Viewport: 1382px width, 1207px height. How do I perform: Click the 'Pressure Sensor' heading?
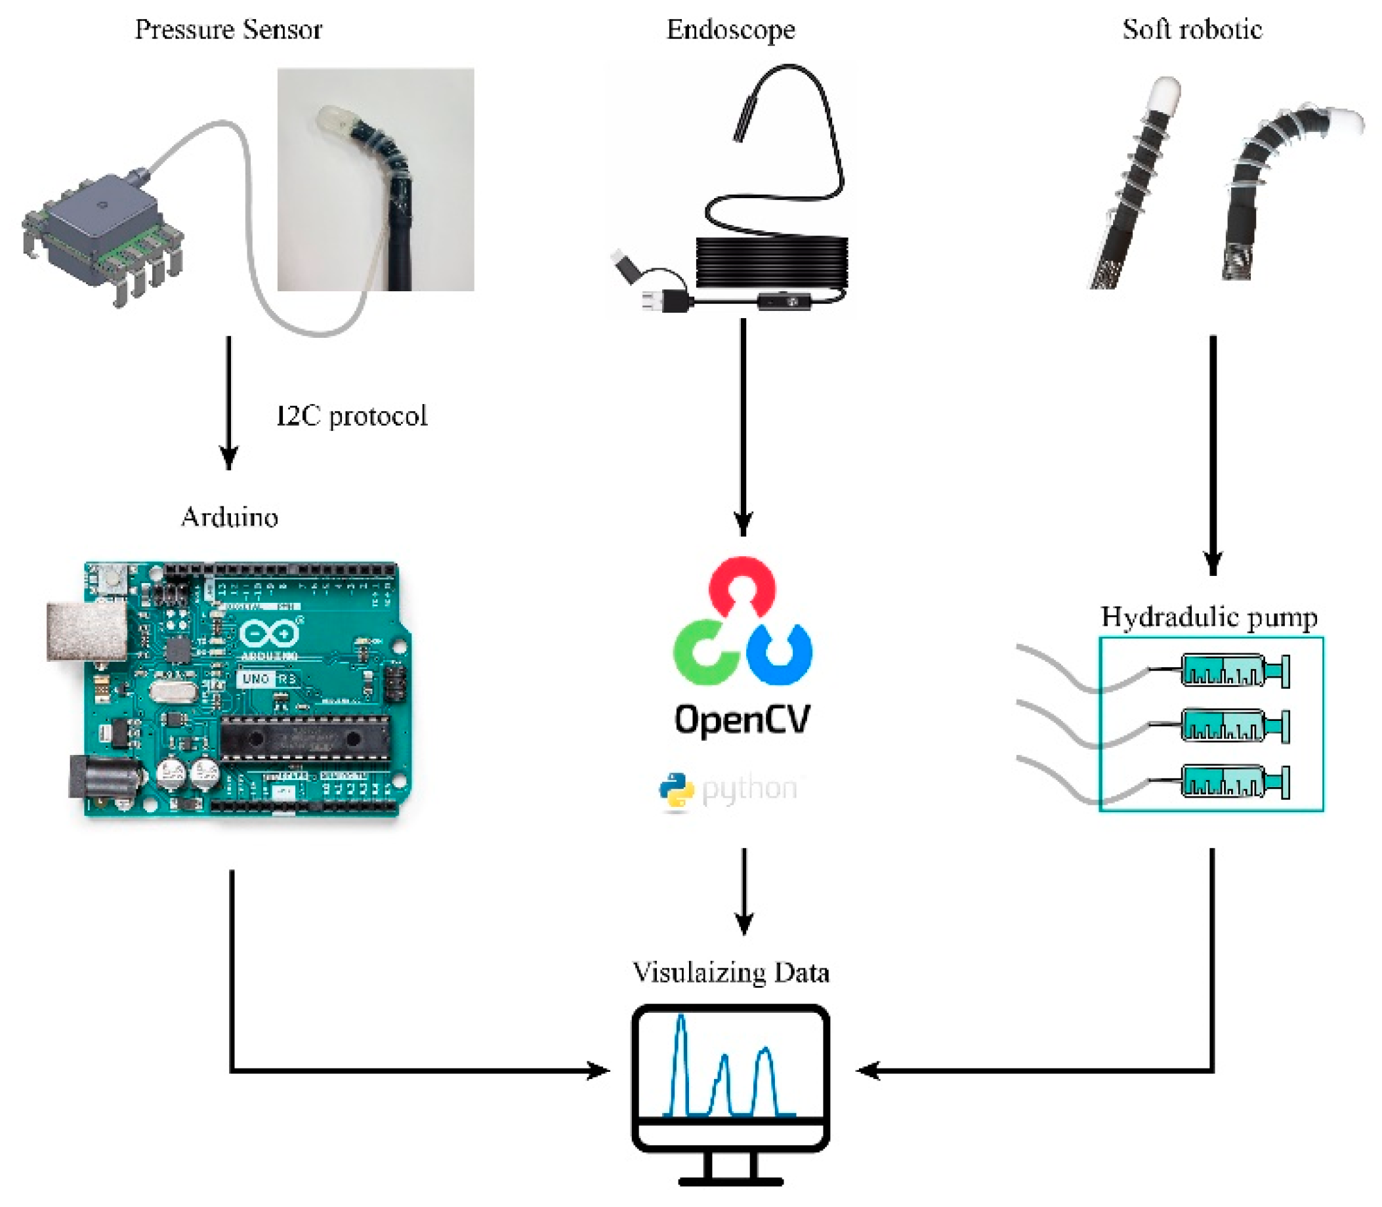[x=228, y=30]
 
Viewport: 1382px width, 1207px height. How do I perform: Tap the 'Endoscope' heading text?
[x=730, y=30]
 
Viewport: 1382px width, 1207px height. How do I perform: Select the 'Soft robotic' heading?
[x=1191, y=30]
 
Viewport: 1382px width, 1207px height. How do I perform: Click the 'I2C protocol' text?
[x=352, y=416]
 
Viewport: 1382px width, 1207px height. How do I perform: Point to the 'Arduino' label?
[x=229, y=518]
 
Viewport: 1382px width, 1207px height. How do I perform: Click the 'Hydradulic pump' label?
[x=1209, y=617]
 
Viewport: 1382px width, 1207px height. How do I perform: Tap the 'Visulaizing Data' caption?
[x=730, y=973]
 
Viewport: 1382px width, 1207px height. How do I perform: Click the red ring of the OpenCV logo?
[x=742, y=571]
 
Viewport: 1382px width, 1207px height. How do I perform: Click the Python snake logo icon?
[x=676, y=790]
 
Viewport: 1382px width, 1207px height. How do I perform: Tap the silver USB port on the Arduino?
[x=85, y=631]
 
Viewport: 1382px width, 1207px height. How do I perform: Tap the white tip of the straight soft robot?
[x=1165, y=95]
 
